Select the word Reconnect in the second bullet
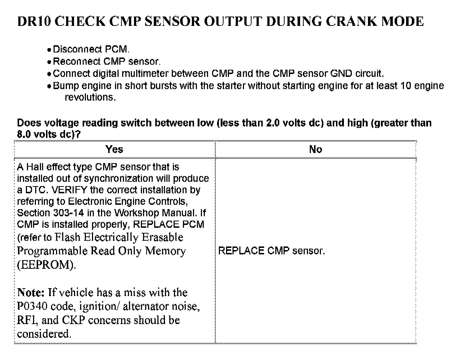(77, 61)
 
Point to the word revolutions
(90, 97)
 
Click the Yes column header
(114, 149)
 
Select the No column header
(316, 149)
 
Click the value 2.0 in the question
(273, 123)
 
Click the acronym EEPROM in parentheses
(47, 265)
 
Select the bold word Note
(31, 292)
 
